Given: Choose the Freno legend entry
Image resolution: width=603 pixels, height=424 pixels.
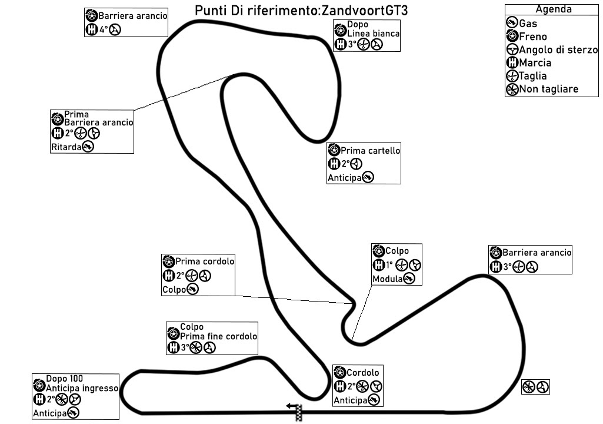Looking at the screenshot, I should point(533,37).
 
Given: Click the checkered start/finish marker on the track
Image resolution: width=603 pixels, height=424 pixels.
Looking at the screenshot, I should point(299,413).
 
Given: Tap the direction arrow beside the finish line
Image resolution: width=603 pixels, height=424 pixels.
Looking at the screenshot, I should point(291,406).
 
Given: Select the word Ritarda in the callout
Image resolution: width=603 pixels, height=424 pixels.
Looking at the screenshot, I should point(65,148).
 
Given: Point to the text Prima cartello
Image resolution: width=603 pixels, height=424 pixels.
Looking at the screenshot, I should point(371,151).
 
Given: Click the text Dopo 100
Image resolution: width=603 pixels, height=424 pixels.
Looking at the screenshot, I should point(65,379).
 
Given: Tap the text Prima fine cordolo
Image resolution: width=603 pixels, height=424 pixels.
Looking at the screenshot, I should point(219,337).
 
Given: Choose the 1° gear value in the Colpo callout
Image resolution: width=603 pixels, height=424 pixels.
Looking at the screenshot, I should point(389,266).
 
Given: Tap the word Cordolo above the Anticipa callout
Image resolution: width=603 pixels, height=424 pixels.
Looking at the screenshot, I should point(363,373).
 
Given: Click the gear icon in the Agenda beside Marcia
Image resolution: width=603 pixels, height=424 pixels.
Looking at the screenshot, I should point(512,63).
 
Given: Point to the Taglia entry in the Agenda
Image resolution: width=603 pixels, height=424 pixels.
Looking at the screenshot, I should point(532,76).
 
